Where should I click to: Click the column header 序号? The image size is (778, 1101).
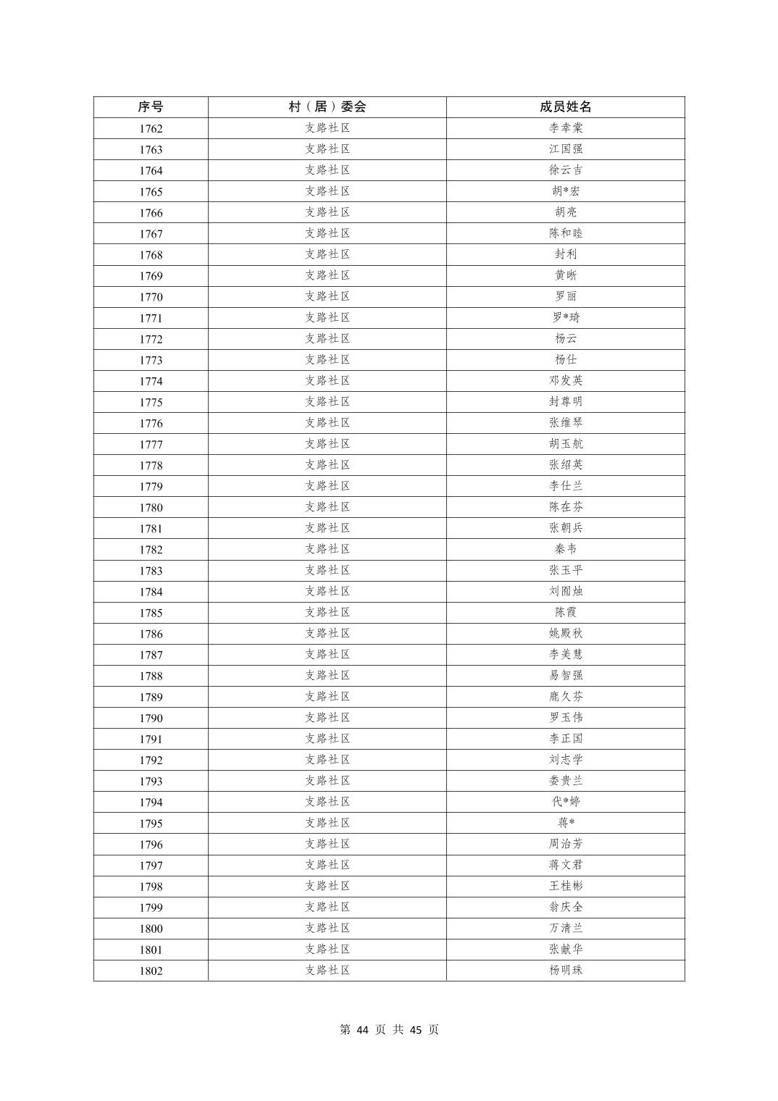[151, 106]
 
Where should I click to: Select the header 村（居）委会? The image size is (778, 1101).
[327, 106]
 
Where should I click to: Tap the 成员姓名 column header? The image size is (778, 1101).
[565, 106]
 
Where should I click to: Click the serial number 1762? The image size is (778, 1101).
[151, 129]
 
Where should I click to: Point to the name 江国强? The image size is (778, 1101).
[565, 149]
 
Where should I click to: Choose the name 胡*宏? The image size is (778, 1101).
[565, 191]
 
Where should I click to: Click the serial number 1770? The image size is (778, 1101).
[151, 297]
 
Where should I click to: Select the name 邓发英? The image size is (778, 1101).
[565, 380]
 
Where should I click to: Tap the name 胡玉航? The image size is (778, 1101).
[565, 443]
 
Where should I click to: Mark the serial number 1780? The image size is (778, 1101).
[151, 508]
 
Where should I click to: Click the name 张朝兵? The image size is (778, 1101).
[565, 528]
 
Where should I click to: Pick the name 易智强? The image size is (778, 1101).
[565, 675]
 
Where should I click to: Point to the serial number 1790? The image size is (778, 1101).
[151, 719]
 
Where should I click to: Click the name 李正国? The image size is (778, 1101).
[565, 739]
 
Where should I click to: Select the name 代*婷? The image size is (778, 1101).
[565, 802]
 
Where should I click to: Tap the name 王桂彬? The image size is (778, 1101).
[565, 886]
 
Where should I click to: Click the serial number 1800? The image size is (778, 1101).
[151, 929]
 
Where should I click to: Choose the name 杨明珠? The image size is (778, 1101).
[565, 970]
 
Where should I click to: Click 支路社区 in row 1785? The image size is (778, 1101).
[327, 612]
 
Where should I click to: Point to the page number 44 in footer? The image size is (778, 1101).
[363, 1029]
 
